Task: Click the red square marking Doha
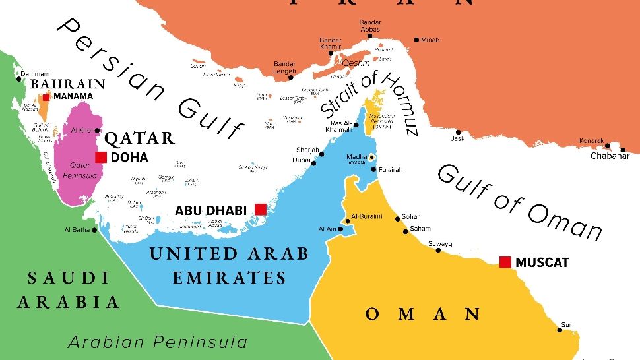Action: click(x=101, y=157)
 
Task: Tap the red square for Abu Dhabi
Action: click(x=261, y=210)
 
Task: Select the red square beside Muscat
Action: click(x=505, y=262)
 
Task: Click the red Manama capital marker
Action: click(x=46, y=96)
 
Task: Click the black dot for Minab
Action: click(x=416, y=40)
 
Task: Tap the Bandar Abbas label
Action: click(x=370, y=26)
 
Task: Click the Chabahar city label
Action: click(x=610, y=156)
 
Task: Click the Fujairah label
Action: click(x=390, y=170)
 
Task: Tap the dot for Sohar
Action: click(x=397, y=218)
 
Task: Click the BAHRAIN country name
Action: click(x=68, y=84)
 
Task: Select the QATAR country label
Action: click(x=140, y=138)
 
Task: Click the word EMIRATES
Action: click(x=229, y=278)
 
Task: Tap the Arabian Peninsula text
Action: click(x=158, y=342)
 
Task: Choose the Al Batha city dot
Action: click(x=95, y=230)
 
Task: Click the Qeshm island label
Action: click(x=356, y=63)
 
